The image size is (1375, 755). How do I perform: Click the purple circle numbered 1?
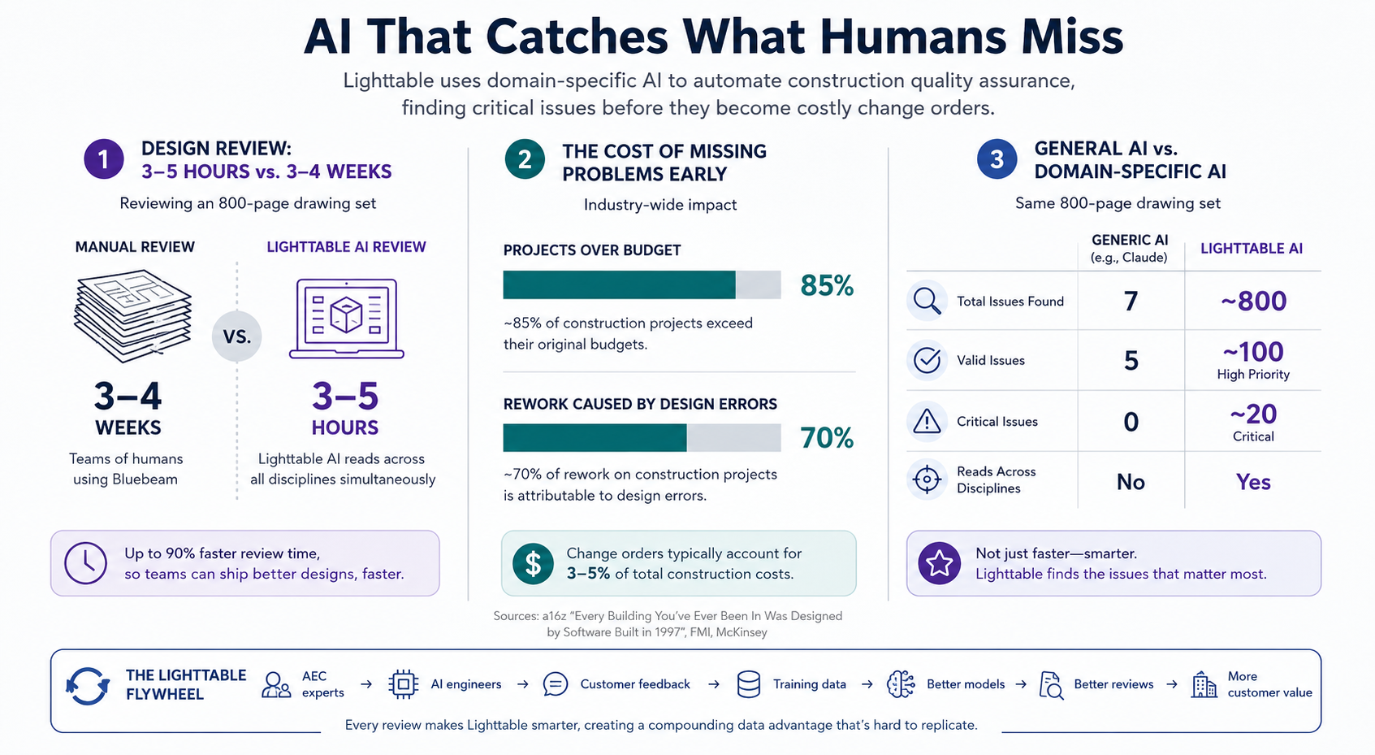click(104, 159)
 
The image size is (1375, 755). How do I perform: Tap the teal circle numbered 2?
click(525, 159)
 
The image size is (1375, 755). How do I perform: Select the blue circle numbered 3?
click(997, 159)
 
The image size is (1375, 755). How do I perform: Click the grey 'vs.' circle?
click(237, 336)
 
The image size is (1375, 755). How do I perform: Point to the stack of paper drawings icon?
click(132, 316)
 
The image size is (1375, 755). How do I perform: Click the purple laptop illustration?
click(347, 319)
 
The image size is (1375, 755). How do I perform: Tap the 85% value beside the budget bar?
click(827, 285)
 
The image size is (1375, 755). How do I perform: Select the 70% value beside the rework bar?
click(827, 438)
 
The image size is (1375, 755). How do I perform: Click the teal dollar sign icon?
click(533, 563)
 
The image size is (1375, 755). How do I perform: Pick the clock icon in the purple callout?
click(85, 562)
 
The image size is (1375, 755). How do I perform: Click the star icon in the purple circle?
click(939, 563)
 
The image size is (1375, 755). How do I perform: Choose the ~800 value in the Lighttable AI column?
click(1253, 301)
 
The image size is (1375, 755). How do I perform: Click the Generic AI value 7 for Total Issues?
click(1131, 301)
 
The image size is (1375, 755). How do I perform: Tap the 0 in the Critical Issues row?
click(1131, 422)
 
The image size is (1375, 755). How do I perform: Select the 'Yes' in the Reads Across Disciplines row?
click(1253, 482)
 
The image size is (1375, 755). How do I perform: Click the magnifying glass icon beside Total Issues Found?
click(927, 301)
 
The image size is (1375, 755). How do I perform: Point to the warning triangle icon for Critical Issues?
click(927, 422)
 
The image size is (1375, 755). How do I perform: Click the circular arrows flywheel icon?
click(87, 686)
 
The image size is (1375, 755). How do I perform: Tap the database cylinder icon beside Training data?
click(749, 684)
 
